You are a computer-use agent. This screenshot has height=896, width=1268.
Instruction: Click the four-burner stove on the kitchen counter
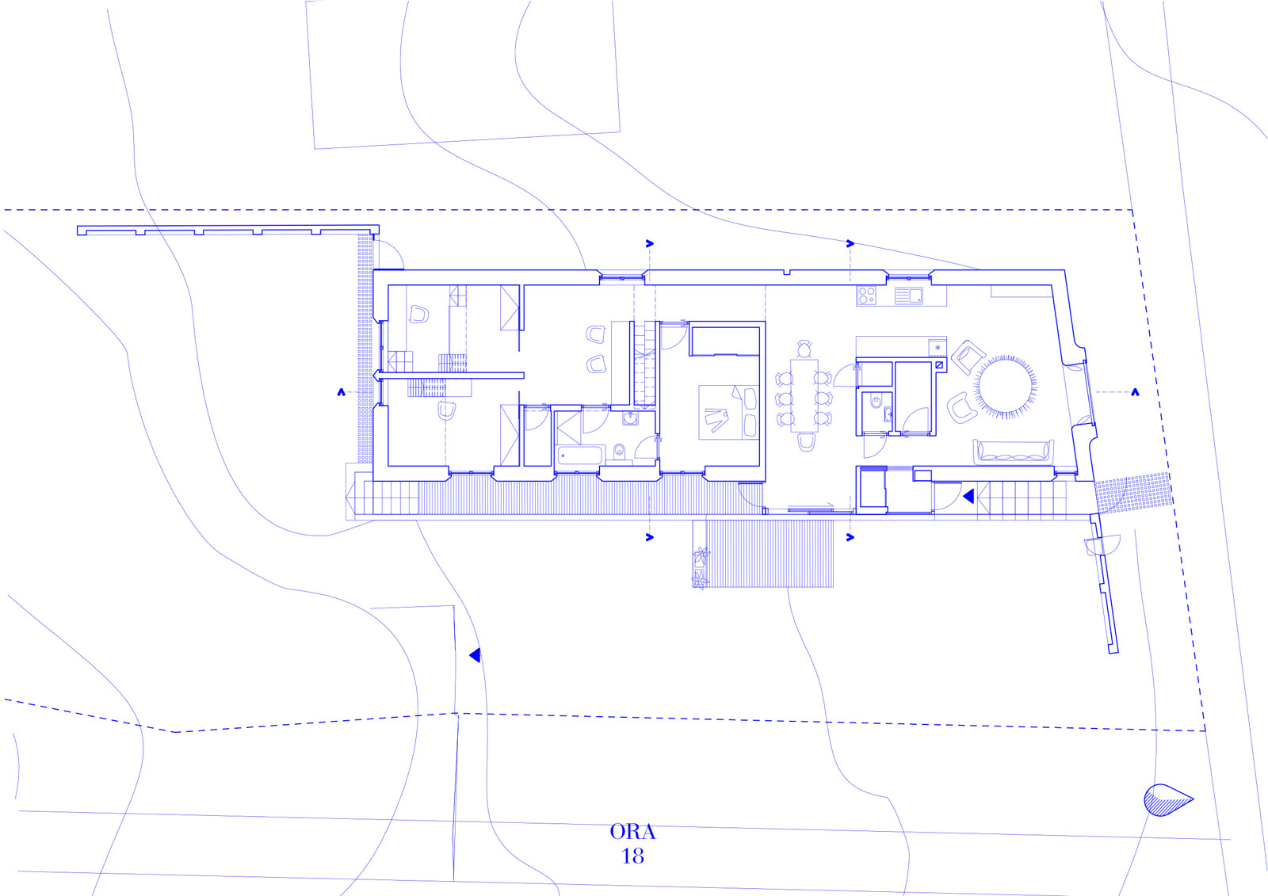pyautogui.click(x=866, y=295)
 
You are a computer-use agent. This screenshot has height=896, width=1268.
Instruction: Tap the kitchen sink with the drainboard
pyautogui.click(x=908, y=295)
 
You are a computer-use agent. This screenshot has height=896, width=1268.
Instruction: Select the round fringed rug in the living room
pyautogui.click(x=1006, y=387)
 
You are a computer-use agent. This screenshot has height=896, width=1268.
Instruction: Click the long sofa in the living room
pyautogui.click(x=1014, y=452)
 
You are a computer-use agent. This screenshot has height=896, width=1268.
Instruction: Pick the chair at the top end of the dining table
pyautogui.click(x=804, y=348)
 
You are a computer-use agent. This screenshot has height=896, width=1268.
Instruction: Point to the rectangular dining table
pyautogui.click(x=804, y=395)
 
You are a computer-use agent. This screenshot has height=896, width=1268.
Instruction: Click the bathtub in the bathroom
pyautogui.click(x=579, y=456)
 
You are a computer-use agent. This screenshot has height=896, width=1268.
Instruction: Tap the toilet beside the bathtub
pyautogui.click(x=619, y=451)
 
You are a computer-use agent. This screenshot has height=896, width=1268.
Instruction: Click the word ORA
pyautogui.click(x=632, y=832)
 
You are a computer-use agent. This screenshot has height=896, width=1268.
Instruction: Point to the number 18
pyautogui.click(x=632, y=856)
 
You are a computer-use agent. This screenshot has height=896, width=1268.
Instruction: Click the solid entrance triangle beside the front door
pyautogui.click(x=968, y=497)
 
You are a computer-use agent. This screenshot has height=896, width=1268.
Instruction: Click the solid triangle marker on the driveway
pyautogui.click(x=475, y=655)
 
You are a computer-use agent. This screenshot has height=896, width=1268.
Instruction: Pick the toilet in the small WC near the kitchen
pyautogui.click(x=877, y=402)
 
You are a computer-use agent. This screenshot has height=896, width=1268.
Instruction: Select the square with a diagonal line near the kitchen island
pyautogui.click(x=939, y=365)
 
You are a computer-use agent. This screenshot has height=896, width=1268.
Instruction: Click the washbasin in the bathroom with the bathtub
pyautogui.click(x=630, y=418)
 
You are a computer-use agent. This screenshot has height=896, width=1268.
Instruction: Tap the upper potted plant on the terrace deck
pyautogui.click(x=701, y=555)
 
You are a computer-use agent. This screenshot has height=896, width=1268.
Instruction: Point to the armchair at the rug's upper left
pyautogui.click(x=968, y=357)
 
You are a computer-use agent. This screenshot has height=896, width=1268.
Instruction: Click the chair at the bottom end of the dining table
pyautogui.click(x=806, y=442)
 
